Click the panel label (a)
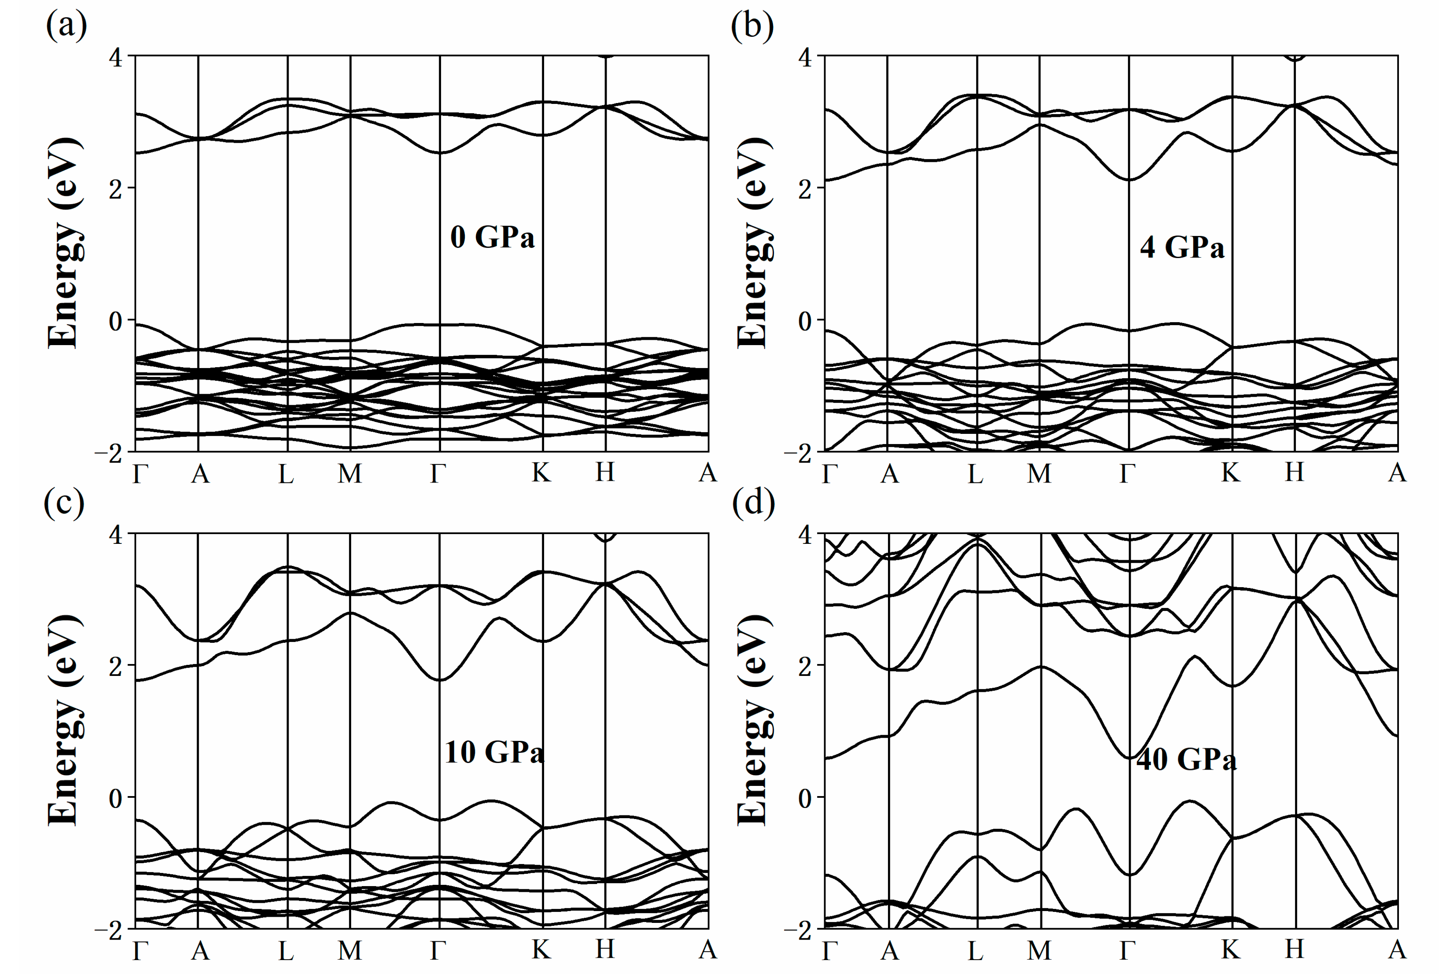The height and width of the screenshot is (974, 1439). click(66, 26)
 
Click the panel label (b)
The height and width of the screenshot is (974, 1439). click(752, 26)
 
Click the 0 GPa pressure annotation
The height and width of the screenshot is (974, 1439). click(492, 237)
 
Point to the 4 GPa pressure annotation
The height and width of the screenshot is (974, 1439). click(1182, 248)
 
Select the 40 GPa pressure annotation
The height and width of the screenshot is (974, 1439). click(1186, 759)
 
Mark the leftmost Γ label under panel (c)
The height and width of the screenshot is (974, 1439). click(141, 950)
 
